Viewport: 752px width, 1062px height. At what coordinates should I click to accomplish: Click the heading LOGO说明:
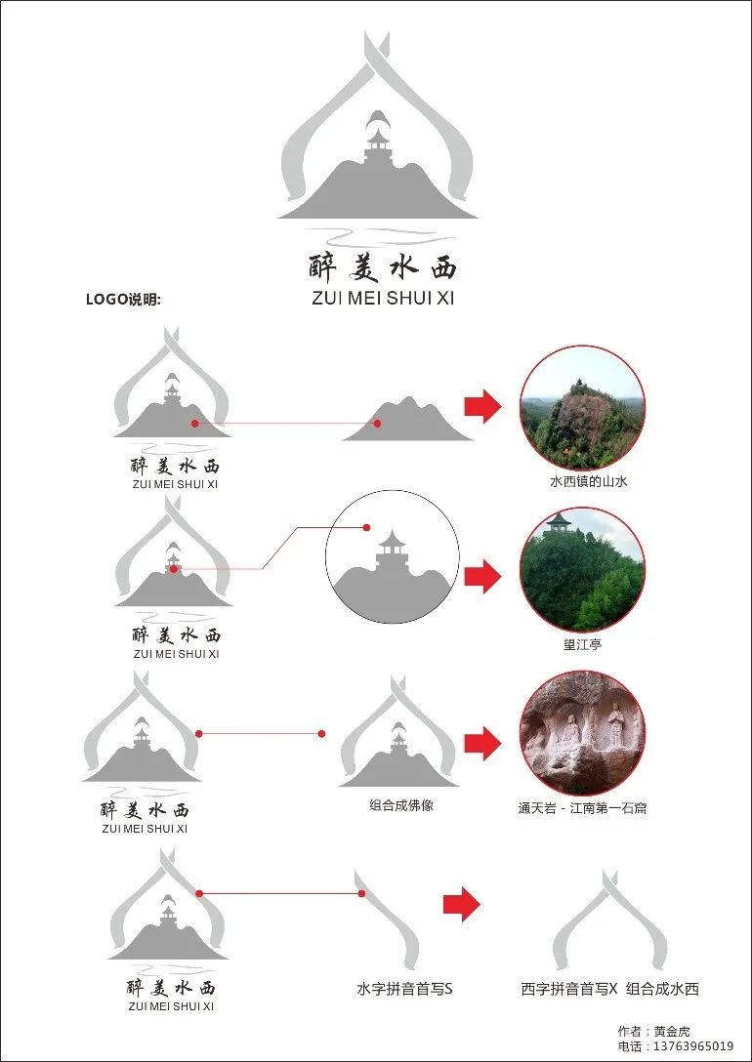pyautogui.click(x=123, y=300)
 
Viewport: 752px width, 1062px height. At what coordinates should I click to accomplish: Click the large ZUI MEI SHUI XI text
pyautogui.click(x=383, y=298)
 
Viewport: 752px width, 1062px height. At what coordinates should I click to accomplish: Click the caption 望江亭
pyautogui.click(x=582, y=644)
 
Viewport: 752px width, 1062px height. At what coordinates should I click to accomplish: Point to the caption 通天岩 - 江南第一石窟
pyautogui.click(x=582, y=807)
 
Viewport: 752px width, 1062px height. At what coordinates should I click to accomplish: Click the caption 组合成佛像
pyautogui.click(x=401, y=805)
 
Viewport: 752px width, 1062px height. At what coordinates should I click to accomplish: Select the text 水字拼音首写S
pyautogui.click(x=404, y=989)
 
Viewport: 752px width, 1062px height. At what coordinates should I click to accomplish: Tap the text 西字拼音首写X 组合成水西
pyautogui.click(x=609, y=989)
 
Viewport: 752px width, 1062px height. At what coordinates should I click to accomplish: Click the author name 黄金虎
pyautogui.click(x=671, y=1032)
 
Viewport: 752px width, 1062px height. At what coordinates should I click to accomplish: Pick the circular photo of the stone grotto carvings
pyautogui.click(x=582, y=733)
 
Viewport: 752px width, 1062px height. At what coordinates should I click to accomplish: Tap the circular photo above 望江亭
pyautogui.click(x=582, y=570)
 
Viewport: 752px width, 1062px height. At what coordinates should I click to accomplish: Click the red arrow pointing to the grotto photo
pyautogui.click(x=482, y=743)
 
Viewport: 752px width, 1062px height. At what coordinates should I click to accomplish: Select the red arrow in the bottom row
pyautogui.click(x=461, y=904)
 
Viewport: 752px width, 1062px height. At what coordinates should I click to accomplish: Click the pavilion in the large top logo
pyautogui.click(x=375, y=146)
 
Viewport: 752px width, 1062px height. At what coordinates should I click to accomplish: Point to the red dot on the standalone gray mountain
pyautogui.click(x=377, y=424)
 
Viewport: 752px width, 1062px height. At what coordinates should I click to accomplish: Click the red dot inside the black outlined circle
pyautogui.click(x=366, y=527)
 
